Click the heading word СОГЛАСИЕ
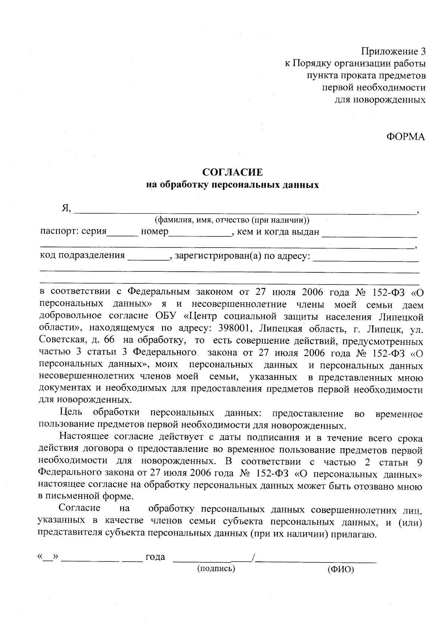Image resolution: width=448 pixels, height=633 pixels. pyautogui.click(x=232, y=172)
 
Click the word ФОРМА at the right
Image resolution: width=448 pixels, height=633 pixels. pyautogui.click(x=405, y=137)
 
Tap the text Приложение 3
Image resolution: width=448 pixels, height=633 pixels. pyautogui.click(x=393, y=51)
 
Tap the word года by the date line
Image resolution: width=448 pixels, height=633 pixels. pyautogui.click(x=155, y=557)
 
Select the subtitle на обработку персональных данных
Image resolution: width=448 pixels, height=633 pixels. pyautogui.click(x=232, y=185)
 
